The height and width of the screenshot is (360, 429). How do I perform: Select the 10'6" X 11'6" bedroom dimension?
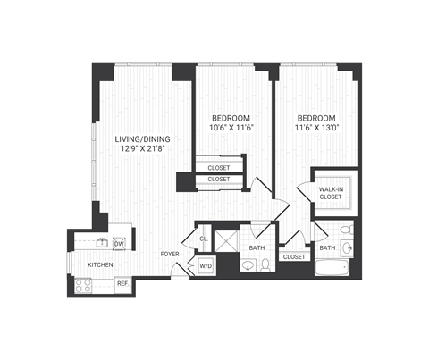[231, 129]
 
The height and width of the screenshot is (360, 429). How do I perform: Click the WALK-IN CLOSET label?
[333, 193]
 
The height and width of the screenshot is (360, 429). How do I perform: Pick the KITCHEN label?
[99, 265]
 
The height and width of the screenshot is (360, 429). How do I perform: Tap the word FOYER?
[171, 255]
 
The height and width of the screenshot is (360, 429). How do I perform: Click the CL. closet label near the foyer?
[203, 239]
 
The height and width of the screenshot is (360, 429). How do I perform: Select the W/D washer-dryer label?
[205, 265]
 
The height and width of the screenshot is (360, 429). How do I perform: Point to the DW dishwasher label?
[118, 243]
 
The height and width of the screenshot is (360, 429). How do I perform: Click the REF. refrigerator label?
[122, 283]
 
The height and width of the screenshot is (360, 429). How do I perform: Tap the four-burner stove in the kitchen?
[85, 285]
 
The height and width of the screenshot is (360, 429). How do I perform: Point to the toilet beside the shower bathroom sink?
[265, 264]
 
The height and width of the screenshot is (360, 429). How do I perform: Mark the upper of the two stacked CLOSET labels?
[218, 167]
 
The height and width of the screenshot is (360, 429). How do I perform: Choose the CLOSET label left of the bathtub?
[292, 256]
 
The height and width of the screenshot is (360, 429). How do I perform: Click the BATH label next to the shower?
[257, 247]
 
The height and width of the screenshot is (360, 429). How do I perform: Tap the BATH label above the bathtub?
[327, 247]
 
